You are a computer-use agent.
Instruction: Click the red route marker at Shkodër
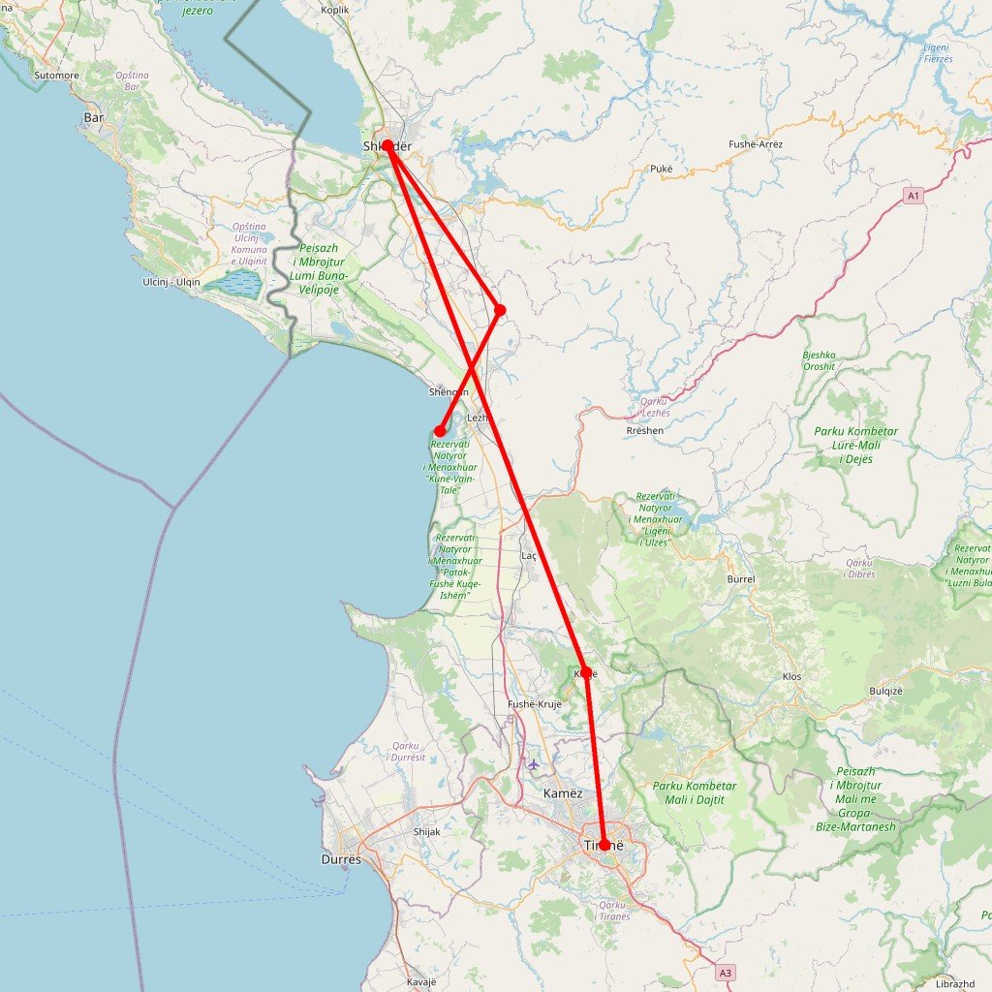(387, 145)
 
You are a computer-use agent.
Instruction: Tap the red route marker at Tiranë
(604, 845)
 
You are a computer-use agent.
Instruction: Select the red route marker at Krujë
(586, 671)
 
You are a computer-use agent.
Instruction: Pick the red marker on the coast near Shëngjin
(440, 430)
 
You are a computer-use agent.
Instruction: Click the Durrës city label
(341, 859)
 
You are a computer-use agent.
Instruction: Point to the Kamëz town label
(563, 793)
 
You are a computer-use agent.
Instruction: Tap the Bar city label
(94, 117)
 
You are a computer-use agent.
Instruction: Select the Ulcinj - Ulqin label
(170, 282)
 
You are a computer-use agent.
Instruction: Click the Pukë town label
(662, 169)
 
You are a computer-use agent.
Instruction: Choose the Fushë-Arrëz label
(756, 144)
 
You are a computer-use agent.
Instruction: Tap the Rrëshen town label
(646, 430)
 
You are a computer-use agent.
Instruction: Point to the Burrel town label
(740, 578)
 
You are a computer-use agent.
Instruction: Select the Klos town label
(791, 676)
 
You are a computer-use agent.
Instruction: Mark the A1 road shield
(914, 196)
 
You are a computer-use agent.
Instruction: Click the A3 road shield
(726, 972)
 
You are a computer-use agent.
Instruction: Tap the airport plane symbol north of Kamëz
(533, 764)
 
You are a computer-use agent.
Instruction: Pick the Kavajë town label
(422, 981)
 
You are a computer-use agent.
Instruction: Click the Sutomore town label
(56, 75)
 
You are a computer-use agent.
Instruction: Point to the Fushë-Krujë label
(535, 704)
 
